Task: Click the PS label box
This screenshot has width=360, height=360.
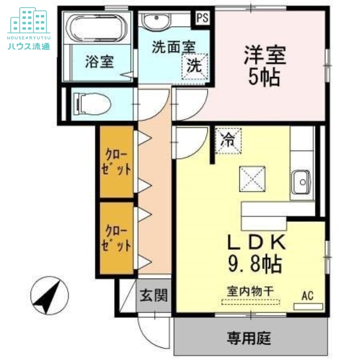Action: coord(202,18)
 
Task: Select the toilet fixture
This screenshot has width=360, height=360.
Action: coord(92,104)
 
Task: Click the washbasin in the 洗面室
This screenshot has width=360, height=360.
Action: coord(156,20)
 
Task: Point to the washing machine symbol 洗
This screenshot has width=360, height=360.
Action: coord(195,66)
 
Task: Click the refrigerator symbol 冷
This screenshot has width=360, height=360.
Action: coord(228,140)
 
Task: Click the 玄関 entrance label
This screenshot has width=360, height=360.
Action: coord(153,296)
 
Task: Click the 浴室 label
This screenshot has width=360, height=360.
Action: coord(99,62)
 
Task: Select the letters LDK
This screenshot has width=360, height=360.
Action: coord(256,242)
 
